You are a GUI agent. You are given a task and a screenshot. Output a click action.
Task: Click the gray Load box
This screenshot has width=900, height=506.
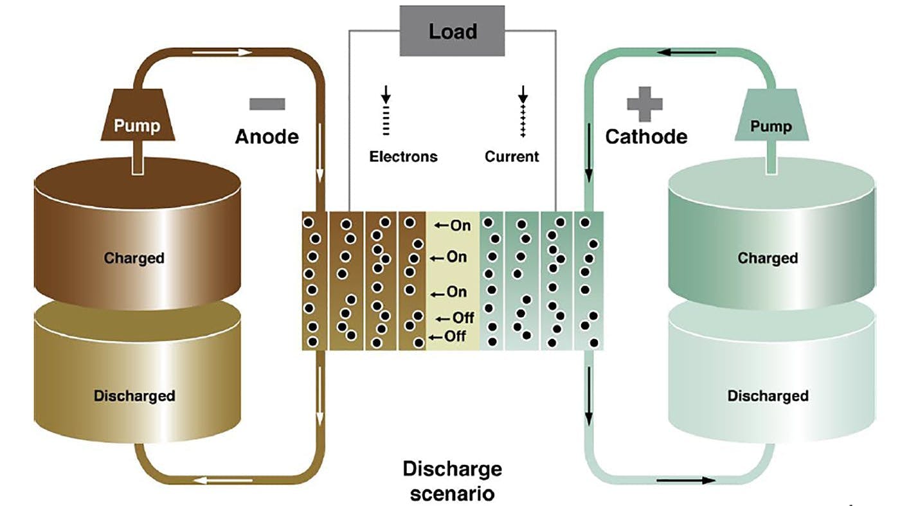coord(453,31)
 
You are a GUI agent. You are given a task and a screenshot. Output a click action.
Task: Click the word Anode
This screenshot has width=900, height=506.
coord(266,137)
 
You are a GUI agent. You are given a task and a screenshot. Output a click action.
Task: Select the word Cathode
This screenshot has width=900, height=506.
coord(646,137)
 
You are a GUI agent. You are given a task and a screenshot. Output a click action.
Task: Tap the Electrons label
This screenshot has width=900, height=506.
coord(403,156)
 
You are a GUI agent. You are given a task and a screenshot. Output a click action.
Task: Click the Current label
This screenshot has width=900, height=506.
coord(512,156)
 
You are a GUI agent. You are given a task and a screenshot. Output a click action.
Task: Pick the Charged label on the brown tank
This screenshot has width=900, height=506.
coord(134,258)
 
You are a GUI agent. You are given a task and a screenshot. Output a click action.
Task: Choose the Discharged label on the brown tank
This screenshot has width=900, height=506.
coord(134,395)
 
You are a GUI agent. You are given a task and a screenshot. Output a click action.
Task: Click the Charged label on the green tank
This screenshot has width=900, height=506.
coord(768,258)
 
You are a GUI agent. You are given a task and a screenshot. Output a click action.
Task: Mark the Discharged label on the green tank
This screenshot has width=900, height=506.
coord(768,395)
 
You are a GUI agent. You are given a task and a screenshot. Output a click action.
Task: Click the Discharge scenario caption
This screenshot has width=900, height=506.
coord(452,481)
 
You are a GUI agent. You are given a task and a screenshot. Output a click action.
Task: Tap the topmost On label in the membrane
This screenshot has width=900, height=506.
coord(454,226)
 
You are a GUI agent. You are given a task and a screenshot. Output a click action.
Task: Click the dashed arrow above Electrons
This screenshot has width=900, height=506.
coord(386,113)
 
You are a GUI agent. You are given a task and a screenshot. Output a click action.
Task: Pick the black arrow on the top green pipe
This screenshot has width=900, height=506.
coord(685,51)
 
